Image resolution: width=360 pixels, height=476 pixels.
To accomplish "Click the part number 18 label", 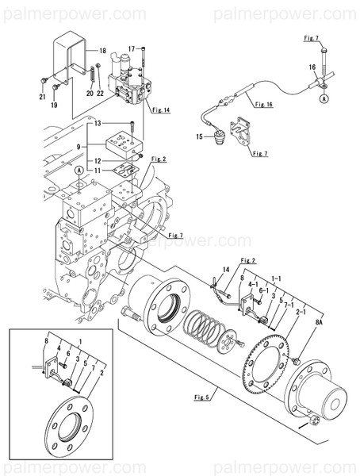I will pyautogui.click(x=102, y=51).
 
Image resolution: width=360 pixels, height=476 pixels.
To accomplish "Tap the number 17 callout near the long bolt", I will pyautogui.click(x=132, y=48).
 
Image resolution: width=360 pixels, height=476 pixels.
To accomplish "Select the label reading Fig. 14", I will pyautogui.click(x=162, y=110).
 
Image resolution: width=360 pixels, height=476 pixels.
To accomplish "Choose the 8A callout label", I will pyautogui.click(x=320, y=324).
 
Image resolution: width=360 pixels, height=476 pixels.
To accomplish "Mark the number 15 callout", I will pyautogui.click(x=201, y=137).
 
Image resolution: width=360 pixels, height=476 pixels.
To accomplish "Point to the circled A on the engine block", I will pyautogui.click(x=79, y=171).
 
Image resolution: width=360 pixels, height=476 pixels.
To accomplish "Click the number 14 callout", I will pyautogui.click(x=225, y=271).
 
